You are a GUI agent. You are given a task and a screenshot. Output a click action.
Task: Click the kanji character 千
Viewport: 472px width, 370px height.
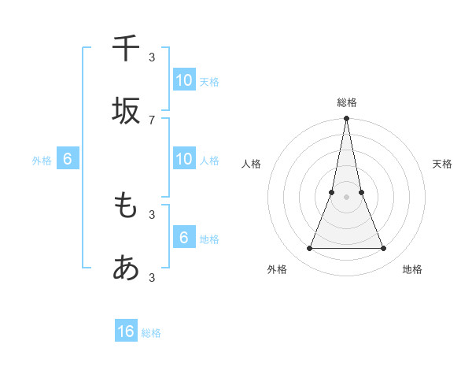click(126, 48)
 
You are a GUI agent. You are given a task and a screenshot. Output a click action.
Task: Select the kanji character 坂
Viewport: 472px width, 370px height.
click(126, 111)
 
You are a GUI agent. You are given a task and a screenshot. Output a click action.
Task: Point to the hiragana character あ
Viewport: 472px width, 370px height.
click(126, 268)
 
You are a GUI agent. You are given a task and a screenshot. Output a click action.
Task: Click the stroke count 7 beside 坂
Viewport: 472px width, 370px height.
click(152, 120)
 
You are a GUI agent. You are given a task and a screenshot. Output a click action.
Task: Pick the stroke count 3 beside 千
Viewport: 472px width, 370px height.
click(152, 57)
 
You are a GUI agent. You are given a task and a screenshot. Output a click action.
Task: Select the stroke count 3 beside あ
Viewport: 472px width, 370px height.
click(152, 277)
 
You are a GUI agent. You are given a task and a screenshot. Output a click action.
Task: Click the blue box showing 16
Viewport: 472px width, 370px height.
click(126, 331)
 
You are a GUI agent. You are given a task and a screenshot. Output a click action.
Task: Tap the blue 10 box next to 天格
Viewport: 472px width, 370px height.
click(184, 80)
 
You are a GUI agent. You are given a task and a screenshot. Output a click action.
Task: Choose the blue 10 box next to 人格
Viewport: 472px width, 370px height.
click(184, 159)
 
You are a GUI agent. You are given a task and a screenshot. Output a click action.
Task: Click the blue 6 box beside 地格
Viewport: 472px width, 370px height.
click(184, 237)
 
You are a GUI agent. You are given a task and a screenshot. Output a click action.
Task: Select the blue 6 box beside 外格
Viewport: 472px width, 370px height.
click(68, 159)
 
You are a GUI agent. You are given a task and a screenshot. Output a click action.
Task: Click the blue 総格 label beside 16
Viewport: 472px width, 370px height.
click(151, 333)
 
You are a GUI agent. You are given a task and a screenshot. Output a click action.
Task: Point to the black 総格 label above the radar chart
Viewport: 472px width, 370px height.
click(346, 102)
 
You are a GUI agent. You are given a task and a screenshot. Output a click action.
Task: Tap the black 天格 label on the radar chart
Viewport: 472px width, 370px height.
click(443, 164)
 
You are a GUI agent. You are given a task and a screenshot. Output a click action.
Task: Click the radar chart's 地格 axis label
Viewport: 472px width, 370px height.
click(412, 269)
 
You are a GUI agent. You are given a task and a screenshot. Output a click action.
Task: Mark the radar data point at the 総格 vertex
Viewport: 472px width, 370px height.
click(346, 120)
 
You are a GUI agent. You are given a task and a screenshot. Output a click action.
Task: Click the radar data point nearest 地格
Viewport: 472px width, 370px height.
click(384, 249)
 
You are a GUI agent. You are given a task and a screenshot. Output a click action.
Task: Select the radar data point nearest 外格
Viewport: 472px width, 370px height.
click(309, 249)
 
